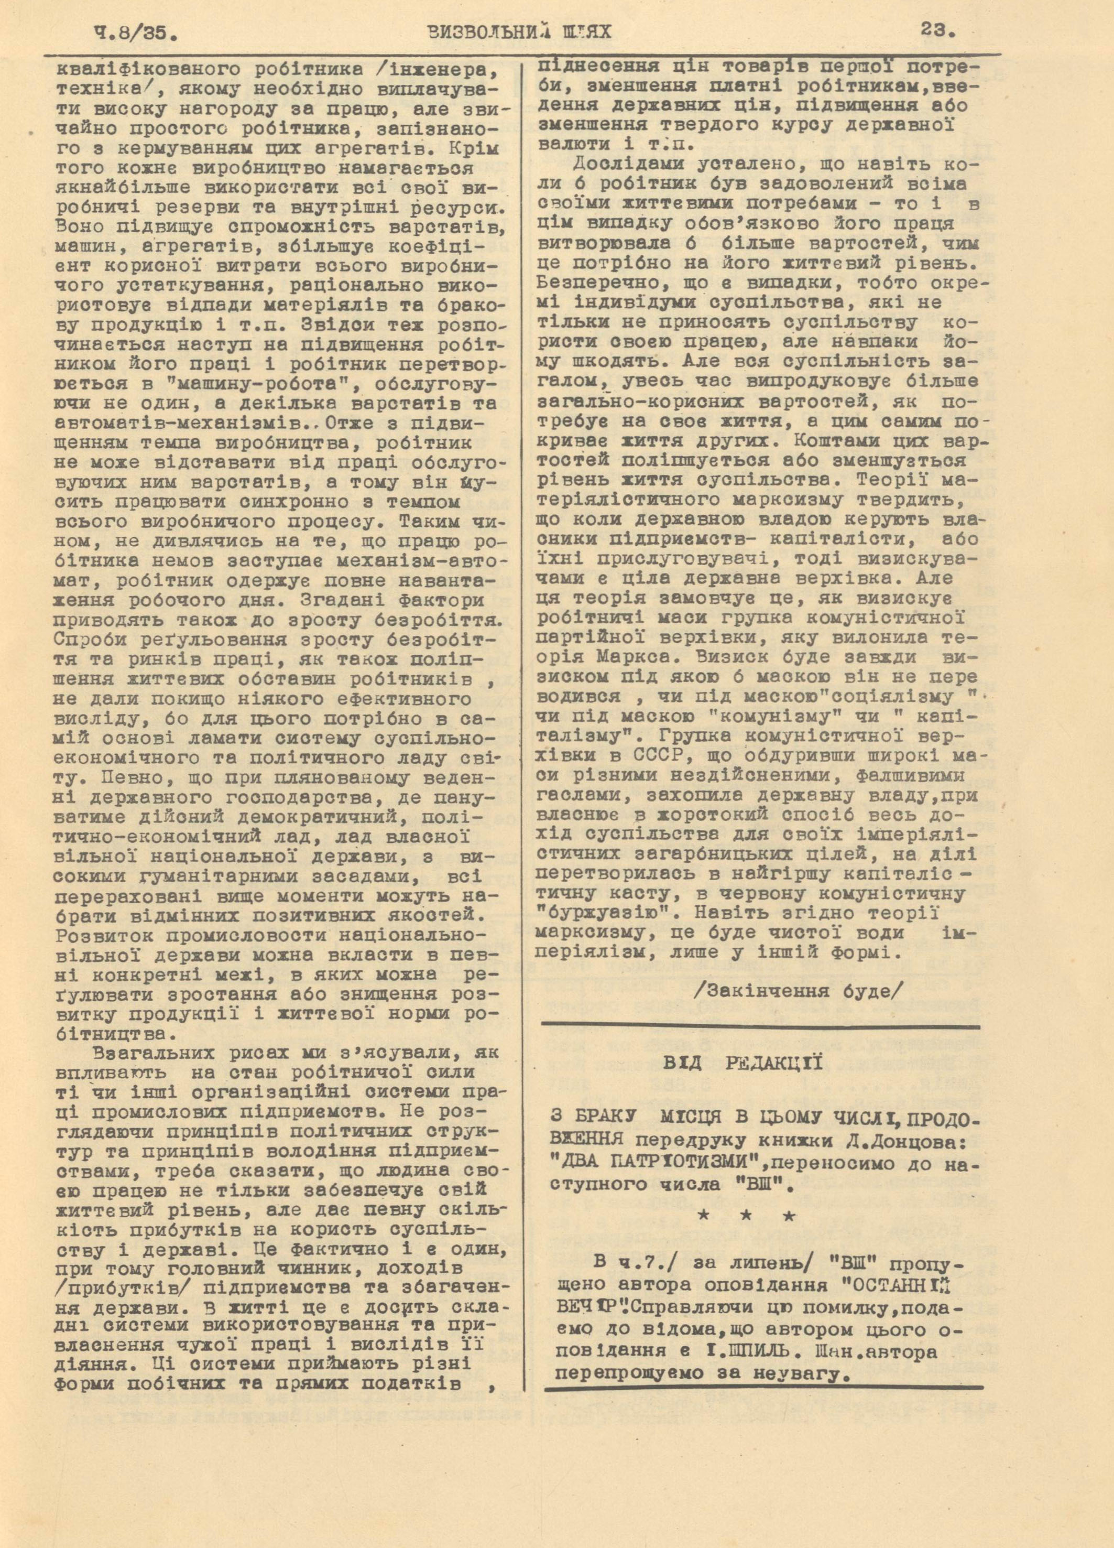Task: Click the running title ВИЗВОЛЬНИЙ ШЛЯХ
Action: [518, 31]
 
